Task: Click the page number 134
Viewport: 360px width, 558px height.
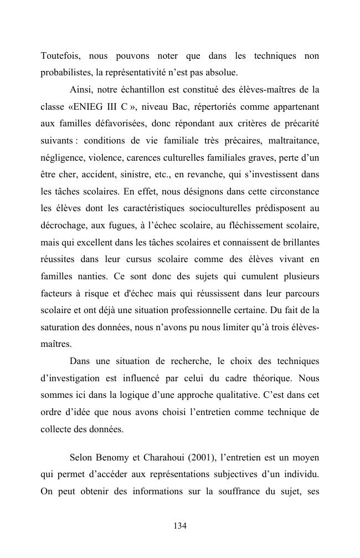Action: pos(180,526)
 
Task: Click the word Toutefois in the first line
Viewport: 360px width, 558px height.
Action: pos(58,56)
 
